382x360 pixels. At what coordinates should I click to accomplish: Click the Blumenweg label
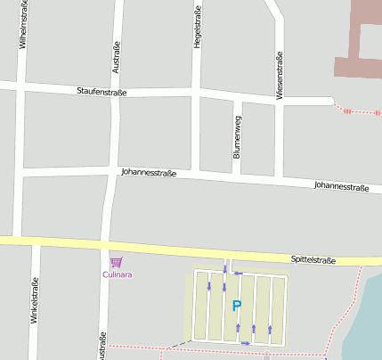[237, 137]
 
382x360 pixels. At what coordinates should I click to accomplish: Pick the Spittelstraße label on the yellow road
[313, 260]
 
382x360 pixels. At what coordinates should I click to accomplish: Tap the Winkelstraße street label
[35, 303]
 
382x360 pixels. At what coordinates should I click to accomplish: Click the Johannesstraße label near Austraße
[148, 172]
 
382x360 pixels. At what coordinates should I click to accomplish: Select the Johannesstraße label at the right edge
[341, 187]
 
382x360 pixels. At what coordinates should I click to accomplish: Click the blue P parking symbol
[237, 306]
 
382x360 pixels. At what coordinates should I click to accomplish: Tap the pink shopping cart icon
[116, 261]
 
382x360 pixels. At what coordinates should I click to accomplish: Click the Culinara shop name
[116, 274]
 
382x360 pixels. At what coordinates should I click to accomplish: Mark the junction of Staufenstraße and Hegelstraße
[196, 93]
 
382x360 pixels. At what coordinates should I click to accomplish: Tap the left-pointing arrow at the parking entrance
[239, 273]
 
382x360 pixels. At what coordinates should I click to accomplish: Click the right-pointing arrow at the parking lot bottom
[246, 343]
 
